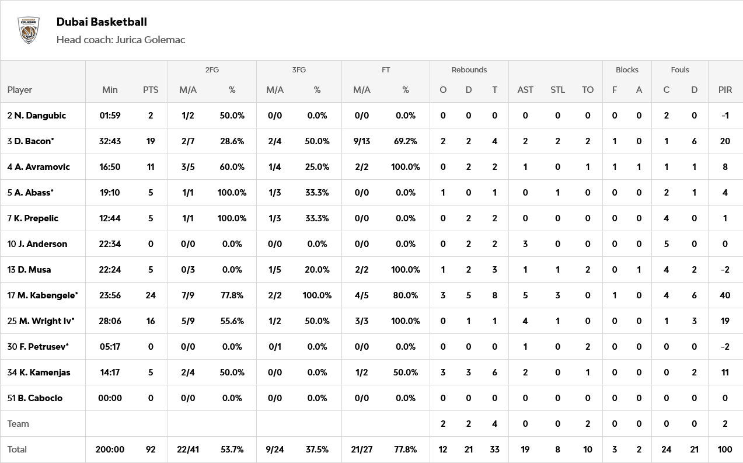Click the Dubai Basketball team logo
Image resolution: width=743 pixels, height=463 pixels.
tap(29, 30)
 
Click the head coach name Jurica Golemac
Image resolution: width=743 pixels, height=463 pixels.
tap(150, 40)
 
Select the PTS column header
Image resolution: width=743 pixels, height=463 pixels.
tap(151, 90)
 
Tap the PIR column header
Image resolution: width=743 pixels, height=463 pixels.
tap(725, 90)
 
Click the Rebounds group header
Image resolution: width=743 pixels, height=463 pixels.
tap(469, 69)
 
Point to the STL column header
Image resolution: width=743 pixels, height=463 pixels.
tap(557, 90)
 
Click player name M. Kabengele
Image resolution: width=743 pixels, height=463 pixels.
tap(47, 295)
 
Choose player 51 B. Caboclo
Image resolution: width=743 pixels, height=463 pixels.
tap(40, 398)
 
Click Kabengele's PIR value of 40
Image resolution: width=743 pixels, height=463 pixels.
tap(725, 295)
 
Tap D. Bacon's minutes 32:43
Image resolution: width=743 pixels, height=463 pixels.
tap(110, 141)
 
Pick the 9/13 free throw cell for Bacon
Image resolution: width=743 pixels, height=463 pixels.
tap(362, 141)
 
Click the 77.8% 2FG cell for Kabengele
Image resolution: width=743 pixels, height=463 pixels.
tap(232, 295)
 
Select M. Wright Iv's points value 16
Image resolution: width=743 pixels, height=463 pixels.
tap(151, 321)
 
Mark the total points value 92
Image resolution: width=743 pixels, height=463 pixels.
tap(151, 450)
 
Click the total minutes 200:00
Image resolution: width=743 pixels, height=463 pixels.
tap(110, 450)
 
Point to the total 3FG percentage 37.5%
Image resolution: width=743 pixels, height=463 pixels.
tap(317, 450)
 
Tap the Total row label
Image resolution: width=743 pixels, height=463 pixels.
tap(17, 450)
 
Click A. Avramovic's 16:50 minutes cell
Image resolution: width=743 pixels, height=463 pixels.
tap(110, 167)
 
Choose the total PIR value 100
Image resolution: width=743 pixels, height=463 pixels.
tap(725, 450)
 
